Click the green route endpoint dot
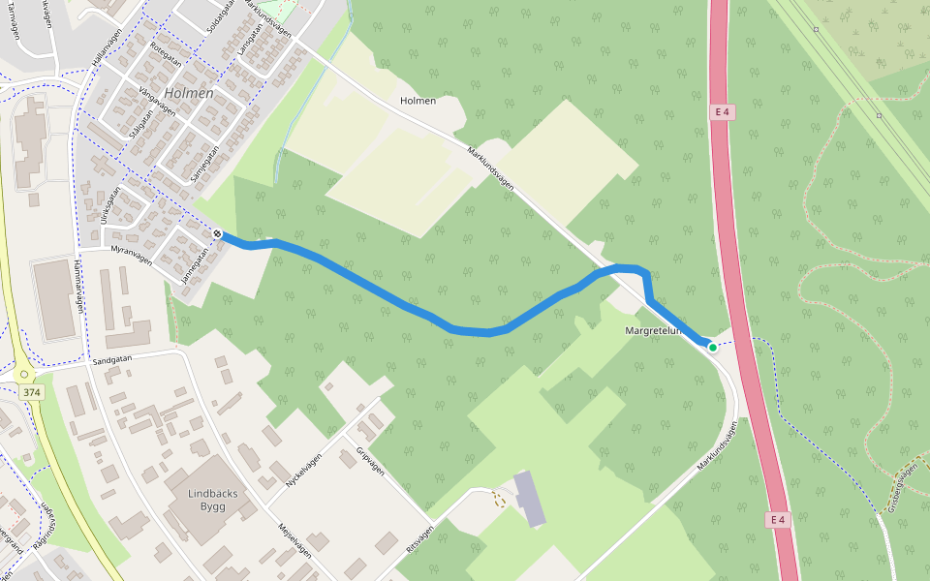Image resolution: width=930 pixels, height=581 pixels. click(x=713, y=347)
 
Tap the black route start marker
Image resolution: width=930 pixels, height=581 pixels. click(x=218, y=233)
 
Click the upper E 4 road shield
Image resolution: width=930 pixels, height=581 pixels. click(x=721, y=112)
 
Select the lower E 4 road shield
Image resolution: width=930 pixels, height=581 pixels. click(x=776, y=520)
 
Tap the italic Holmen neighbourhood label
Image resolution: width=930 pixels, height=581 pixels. click(x=189, y=93)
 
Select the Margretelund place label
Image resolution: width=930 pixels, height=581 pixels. click(x=656, y=331)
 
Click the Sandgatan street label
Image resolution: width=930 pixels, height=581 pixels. click(x=111, y=359)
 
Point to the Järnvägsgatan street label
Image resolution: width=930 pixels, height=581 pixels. click(x=194, y=262)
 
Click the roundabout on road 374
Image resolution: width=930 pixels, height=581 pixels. click(x=22, y=374)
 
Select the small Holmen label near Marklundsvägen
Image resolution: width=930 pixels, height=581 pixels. click(x=418, y=101)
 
